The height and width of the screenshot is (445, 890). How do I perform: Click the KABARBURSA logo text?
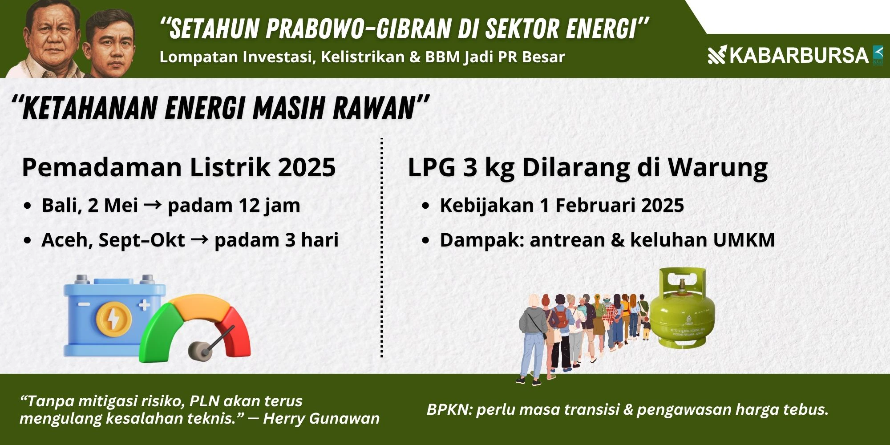(x=799, y=56)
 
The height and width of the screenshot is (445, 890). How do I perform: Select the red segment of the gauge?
(x=235, y=332)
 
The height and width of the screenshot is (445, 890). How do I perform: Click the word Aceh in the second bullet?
(x=67, y=240)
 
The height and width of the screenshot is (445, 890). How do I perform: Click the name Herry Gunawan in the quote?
(x=321, y=418)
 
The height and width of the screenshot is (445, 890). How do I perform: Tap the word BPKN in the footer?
(x=449, y=409)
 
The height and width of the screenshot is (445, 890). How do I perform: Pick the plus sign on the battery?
(x=144, y=305)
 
